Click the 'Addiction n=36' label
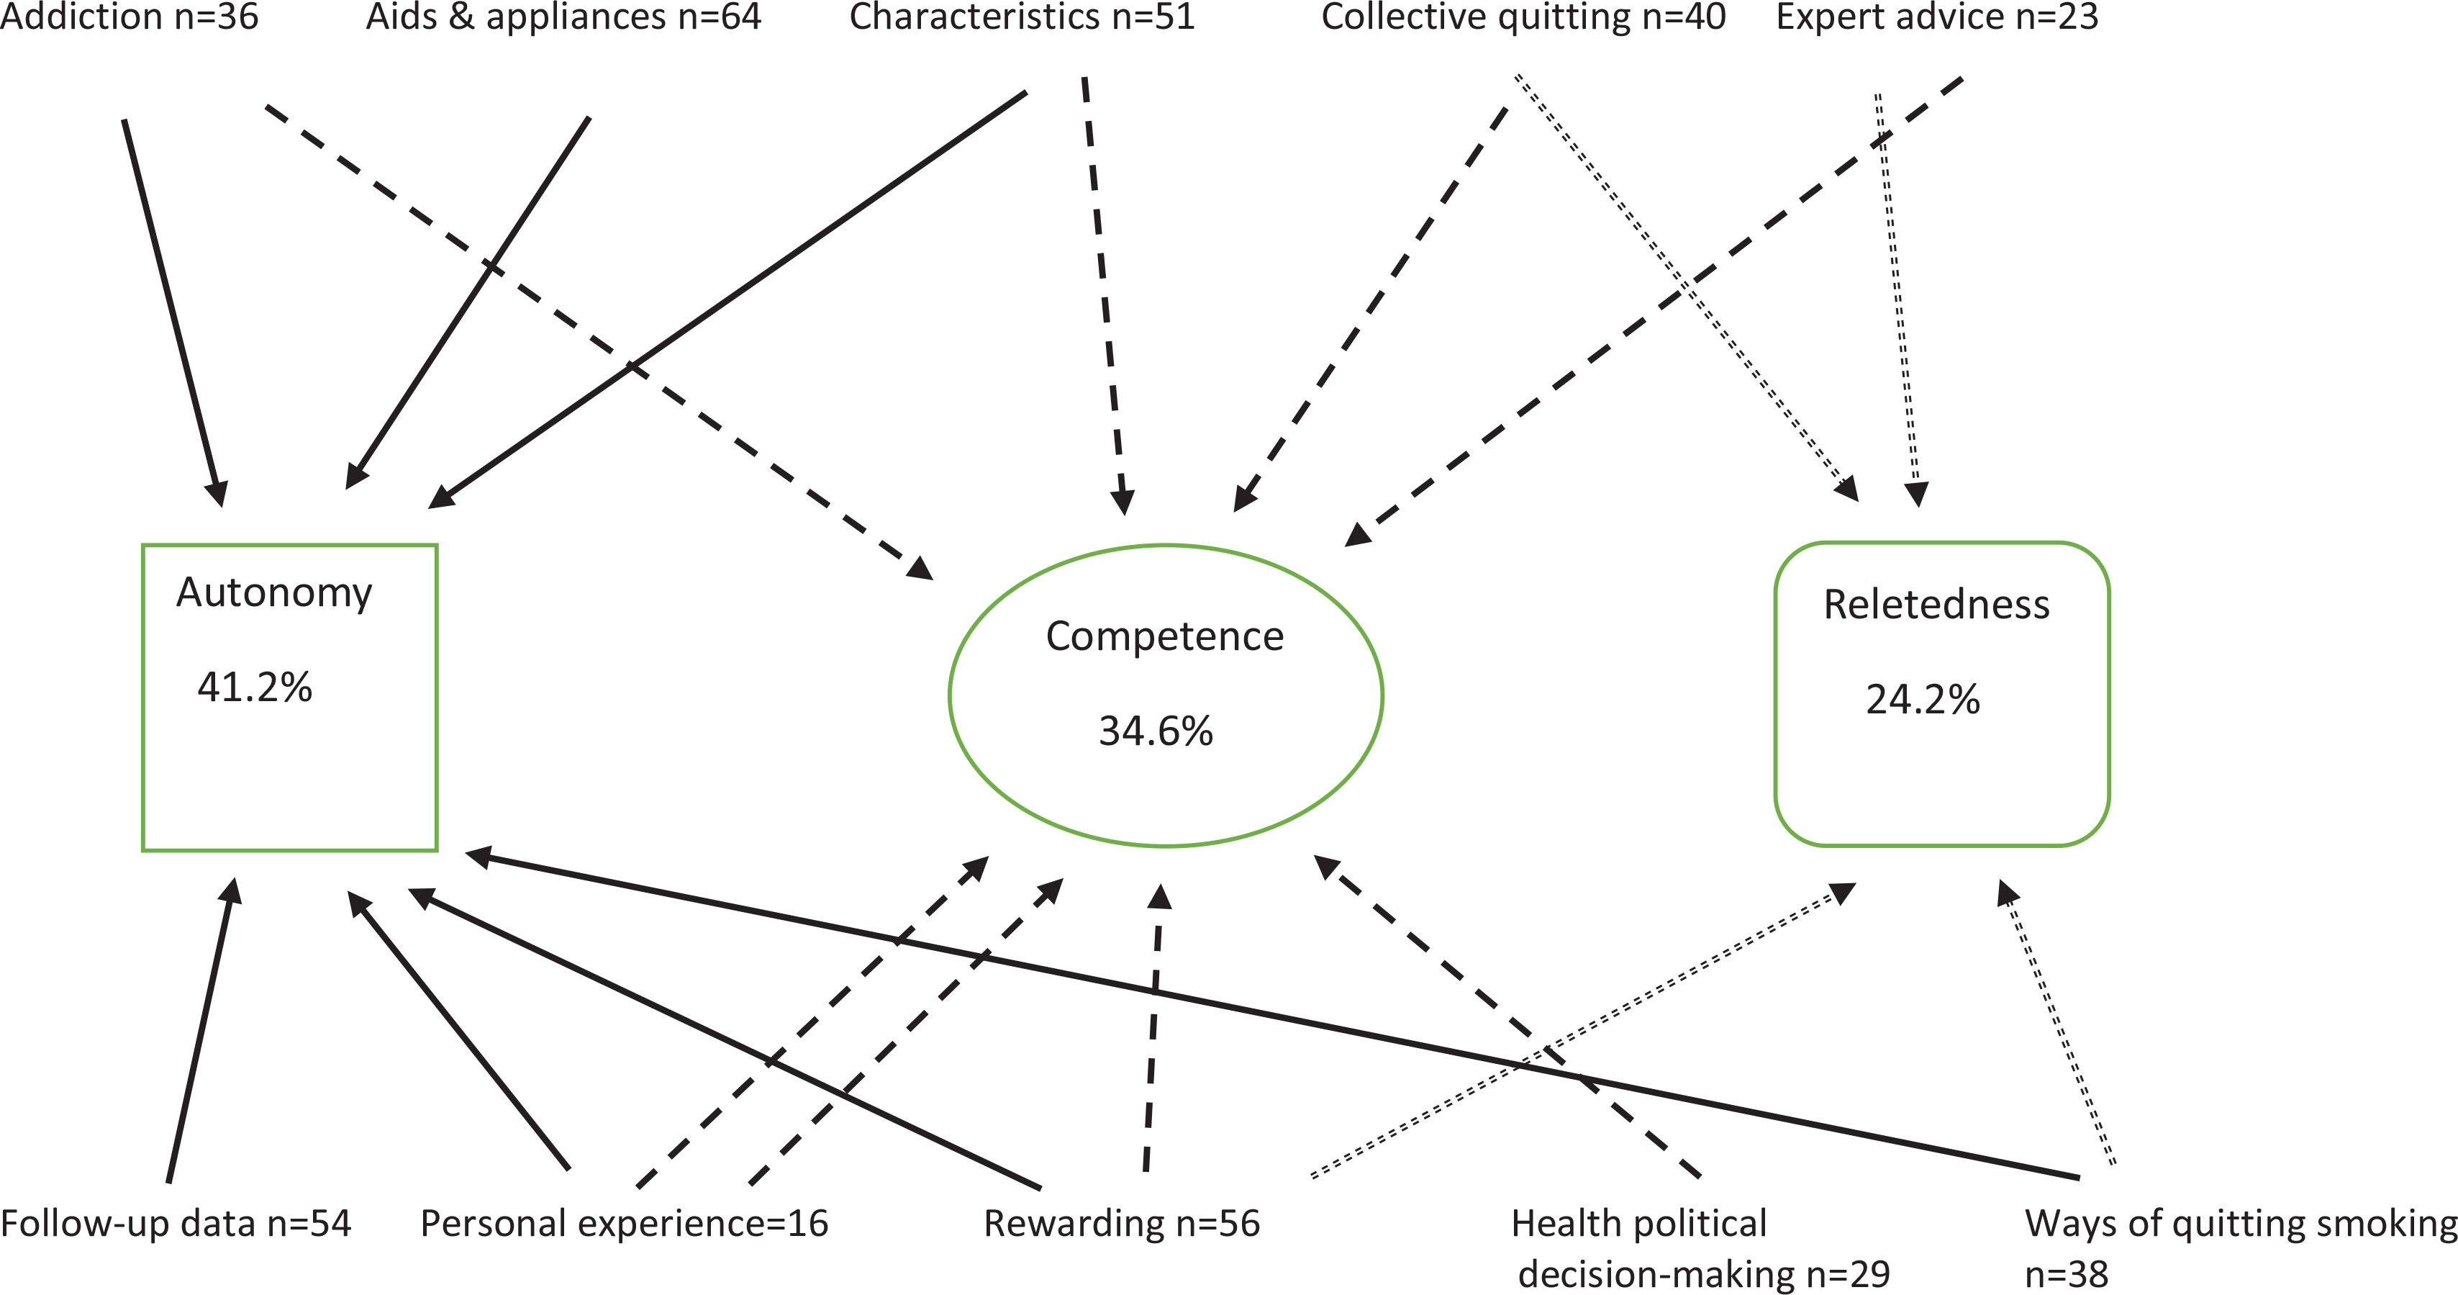pos(129,17)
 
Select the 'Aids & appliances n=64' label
pos(563,17)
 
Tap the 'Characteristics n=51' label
pos(1022,17)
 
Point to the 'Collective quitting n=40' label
pos(1523,17)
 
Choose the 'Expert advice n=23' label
pos(1937,17)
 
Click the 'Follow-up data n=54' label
pos(176,1224)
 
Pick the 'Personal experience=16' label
pos(624,1224)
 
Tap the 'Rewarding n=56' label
pos(1121,1224)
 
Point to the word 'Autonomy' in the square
pos(274,592)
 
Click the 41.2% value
pos(255,687)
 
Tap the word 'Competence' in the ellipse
pos(1164,636)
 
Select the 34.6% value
pos(1156,731)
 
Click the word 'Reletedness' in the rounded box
pos(1936,604)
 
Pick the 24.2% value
pos(1923,700)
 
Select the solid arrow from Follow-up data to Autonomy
pos(200,1031)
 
